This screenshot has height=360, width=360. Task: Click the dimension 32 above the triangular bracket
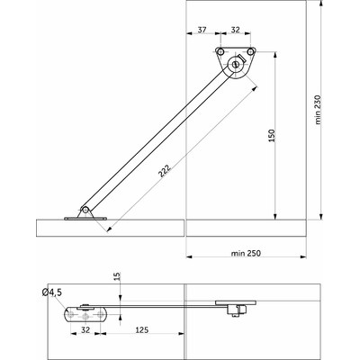click(235, 30)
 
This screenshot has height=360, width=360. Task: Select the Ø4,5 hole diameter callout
click(51, 292)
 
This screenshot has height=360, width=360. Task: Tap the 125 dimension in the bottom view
click(143, 331)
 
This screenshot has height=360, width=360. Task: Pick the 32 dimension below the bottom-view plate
click(85, 331)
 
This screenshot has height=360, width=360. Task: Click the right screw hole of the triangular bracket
click(253, 52)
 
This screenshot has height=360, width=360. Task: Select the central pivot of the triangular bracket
click(236, 65)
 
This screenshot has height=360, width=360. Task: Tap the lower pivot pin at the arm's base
click(85, 210)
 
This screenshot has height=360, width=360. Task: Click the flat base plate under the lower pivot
click(85, 218)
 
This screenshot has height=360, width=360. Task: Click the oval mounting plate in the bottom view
click(86, 314)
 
